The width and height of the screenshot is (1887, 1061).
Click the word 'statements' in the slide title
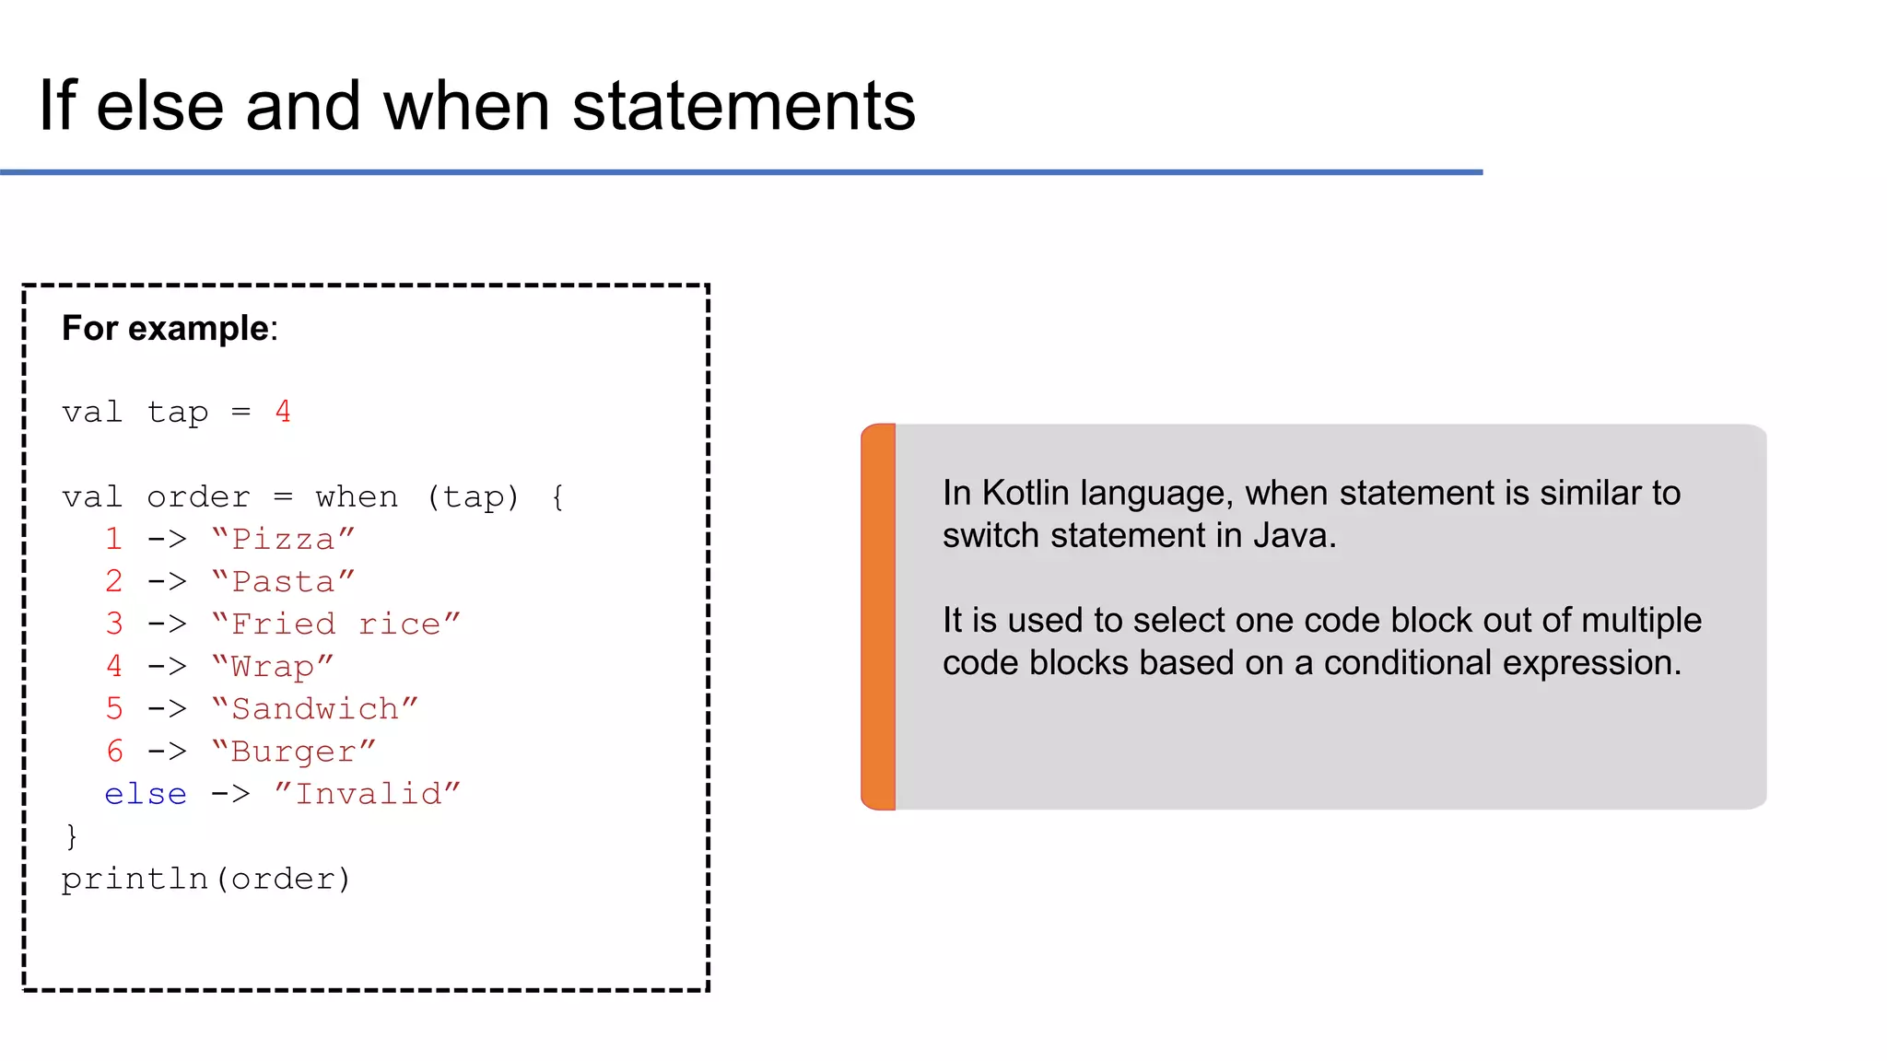click(x=744, y=107)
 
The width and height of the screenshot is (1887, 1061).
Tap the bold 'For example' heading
click(x=165, y=329)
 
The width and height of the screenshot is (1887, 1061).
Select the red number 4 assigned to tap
click(x=283, y=412)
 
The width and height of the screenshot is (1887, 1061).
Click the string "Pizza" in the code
click(x=283, y=539)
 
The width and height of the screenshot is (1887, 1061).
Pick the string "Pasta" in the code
click(x=283, y=581)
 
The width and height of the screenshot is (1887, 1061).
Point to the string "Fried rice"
click(x=336, y=624)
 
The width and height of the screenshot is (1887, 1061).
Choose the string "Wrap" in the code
click(x=273, y=666)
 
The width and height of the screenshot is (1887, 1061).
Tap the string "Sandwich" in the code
click(x=315, y=708)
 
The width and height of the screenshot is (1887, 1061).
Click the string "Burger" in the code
click(x=294, y=751)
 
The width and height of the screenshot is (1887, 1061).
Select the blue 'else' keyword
click(x=146, y=794)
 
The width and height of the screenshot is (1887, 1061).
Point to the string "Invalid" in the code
click(x=368, y=794)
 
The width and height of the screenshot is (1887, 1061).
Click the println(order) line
click(x=206, y=879)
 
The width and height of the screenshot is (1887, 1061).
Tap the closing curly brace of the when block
click(x=72, y=836)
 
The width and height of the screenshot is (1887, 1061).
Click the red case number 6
click(x=114, y=751)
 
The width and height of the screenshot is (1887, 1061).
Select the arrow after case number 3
click(x=167, y=624)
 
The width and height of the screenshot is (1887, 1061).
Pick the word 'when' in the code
click(x=357, y=497)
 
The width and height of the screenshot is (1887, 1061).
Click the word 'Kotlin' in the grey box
click(x=1026, y=494)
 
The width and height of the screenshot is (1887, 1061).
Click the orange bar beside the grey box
click(x=879, y=616)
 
